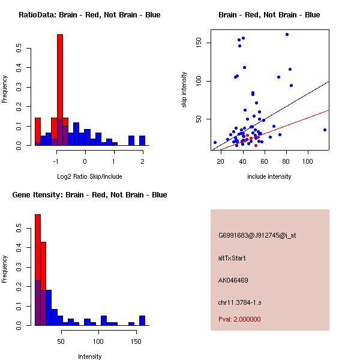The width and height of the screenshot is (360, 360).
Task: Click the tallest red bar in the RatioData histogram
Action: point(59,90)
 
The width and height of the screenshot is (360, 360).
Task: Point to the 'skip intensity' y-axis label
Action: point(184,90)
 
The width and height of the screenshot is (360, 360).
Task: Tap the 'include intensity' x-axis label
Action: point(269,176)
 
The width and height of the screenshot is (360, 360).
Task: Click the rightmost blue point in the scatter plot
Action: point(325,130)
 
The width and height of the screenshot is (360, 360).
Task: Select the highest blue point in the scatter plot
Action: point(287,35)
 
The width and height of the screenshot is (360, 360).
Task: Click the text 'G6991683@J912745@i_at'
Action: point(257,235)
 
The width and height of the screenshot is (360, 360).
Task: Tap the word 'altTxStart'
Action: point(232,258)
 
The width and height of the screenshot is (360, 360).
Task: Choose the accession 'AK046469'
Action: point(233,280)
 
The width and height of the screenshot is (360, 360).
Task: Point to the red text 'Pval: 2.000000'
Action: point(239,319)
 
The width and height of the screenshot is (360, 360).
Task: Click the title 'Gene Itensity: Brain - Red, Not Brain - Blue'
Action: point(89,195)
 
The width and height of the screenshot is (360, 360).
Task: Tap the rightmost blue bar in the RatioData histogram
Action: point(142,140)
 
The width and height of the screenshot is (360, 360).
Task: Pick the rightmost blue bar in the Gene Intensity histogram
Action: point(142,320)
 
